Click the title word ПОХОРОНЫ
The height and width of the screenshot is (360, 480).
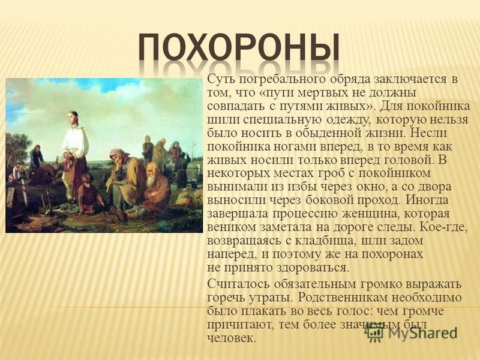click(239, 48)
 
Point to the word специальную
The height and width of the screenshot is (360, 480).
click(282, 120)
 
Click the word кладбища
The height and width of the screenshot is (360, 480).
click(324, 241)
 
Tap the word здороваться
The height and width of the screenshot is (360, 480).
click(313, 268)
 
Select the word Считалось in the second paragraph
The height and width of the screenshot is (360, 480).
click(238, 284)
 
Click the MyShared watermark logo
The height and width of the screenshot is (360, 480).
click(412, 333)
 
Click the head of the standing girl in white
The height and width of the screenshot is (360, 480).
click(73, 118)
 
